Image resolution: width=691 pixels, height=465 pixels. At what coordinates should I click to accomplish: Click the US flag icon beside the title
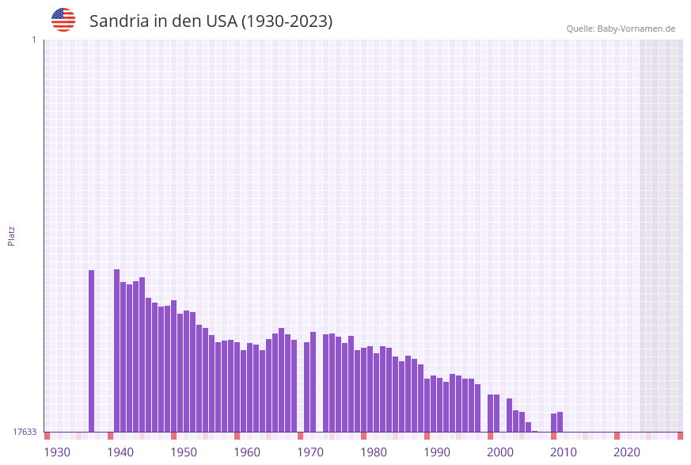tap(63, 20)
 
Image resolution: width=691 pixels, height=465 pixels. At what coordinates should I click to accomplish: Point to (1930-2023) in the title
tap(287, 21)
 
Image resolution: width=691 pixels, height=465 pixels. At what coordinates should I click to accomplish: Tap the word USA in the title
tap(221, 21)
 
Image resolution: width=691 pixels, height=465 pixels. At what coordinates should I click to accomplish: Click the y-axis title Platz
tap(12, 235)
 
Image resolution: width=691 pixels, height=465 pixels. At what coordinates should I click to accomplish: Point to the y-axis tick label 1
tap(33, 40)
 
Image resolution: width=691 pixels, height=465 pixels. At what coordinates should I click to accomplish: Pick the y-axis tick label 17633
tap(25, 432)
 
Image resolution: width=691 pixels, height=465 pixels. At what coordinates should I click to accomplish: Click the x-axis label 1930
tap(57, 452)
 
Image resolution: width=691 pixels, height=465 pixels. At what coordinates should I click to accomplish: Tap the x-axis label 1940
tap(120, 452)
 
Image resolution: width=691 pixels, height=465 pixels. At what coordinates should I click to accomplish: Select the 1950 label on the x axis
tap(184, 452)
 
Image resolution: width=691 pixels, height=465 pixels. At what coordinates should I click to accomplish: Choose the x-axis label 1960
tap(247, 452)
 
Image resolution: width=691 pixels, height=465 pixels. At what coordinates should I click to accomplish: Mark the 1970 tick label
tap(310, 452)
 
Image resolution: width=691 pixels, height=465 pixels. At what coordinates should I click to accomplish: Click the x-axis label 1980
tap(374, 452)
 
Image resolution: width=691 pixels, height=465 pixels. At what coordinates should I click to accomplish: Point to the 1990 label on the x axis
tap(437, 452)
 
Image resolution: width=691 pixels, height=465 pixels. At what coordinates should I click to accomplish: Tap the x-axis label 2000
tap(500, 452)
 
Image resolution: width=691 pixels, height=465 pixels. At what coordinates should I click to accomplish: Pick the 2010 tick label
tap(564, 452)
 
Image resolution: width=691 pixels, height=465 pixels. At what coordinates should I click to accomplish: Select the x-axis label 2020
tap(627, 452)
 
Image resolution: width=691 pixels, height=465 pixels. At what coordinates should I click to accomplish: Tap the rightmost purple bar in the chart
tap(560, 422)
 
